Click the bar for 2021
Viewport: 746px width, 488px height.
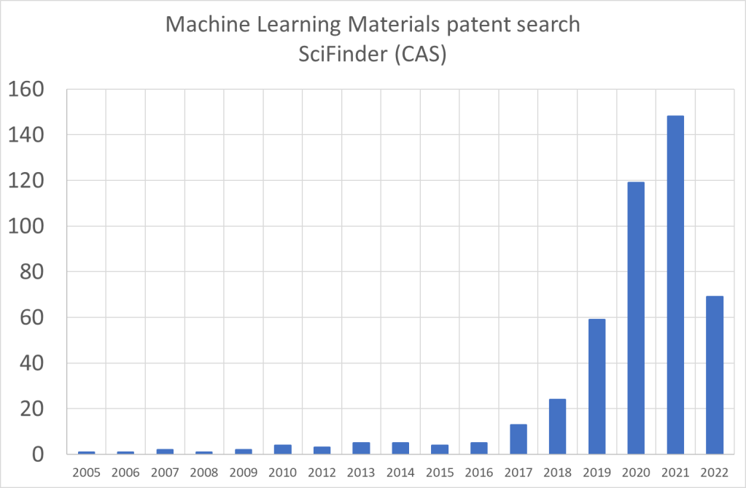675,284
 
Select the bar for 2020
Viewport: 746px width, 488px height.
635,318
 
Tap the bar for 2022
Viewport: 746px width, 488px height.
714,375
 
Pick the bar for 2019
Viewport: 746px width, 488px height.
597,387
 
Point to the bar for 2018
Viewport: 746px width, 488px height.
557,427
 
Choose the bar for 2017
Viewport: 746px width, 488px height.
518,439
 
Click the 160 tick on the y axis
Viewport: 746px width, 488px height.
27,89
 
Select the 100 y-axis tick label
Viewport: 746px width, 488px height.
27,226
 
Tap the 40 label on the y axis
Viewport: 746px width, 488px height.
34,363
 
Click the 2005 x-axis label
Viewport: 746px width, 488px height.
86,473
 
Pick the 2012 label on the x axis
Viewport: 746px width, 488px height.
322,473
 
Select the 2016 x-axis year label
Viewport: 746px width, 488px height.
478,473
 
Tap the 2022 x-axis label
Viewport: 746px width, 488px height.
714,473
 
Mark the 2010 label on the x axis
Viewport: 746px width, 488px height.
282,473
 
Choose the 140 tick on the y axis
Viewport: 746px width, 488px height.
27,135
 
